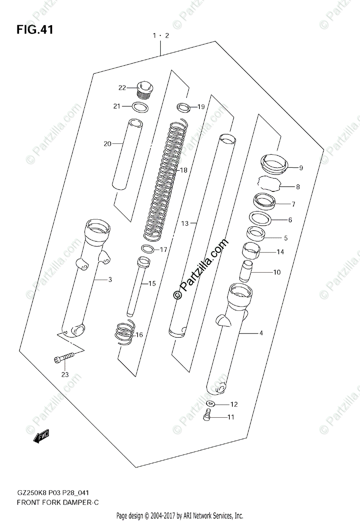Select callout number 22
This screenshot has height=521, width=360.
[x=122, y=88]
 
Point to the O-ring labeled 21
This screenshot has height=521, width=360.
[x=139, y=107]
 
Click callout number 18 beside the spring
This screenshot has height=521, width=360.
[x=184, y=170]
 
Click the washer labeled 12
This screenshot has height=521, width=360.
[x=211, y=404]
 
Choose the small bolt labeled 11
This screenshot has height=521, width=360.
[x=208, y=416]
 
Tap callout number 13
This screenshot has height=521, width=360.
[x=185, y=224]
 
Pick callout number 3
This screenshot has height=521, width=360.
[x=110, y=280]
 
